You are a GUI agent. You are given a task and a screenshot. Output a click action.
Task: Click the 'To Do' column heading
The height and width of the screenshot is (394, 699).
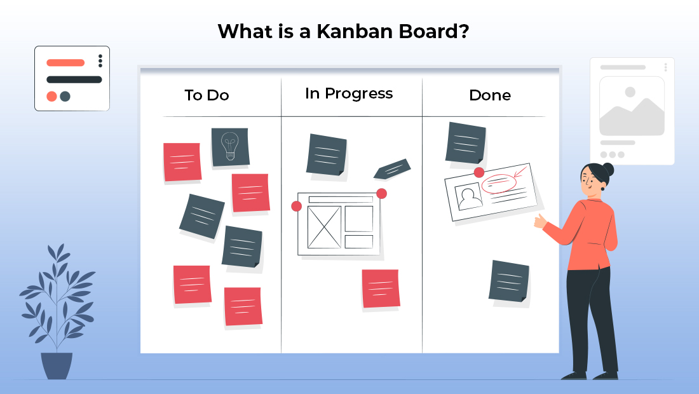[207, 95]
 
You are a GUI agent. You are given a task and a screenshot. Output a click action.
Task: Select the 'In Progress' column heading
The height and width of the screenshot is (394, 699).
[349, 93]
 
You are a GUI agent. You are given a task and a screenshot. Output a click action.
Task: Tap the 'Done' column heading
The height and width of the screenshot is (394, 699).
[489, 95]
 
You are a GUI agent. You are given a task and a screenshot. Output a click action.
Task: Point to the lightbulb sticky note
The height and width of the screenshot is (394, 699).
[229, 147]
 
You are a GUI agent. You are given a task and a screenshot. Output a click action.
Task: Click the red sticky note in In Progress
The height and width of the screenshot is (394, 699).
[381, 288]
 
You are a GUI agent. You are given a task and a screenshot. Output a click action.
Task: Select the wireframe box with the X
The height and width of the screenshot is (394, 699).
[324, 227]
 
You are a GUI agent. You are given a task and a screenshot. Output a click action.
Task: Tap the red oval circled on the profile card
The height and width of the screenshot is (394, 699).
[499, 184]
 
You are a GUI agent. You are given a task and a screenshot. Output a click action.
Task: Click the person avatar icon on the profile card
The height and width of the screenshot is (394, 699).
[470, 198]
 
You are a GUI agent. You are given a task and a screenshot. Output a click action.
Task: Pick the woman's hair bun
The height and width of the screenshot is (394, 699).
[607, 169]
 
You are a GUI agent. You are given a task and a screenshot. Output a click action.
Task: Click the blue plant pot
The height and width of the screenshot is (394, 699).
[57, 365]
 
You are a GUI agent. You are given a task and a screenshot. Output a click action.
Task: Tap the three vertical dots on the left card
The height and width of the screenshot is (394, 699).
[100, 61]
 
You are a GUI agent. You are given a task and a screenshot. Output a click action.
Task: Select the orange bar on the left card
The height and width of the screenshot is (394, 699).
[65, 63]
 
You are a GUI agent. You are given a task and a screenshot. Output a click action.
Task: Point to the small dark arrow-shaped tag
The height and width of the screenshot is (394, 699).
[392, 168]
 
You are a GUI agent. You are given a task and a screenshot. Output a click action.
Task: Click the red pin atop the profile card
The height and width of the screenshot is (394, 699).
[479, 172]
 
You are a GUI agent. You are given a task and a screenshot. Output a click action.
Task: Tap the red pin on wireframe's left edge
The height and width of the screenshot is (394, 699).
[296, 206]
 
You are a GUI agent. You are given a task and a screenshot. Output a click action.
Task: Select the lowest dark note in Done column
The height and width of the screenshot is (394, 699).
[509, 281]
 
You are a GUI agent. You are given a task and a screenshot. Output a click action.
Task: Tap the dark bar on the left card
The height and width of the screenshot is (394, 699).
[74, 79]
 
